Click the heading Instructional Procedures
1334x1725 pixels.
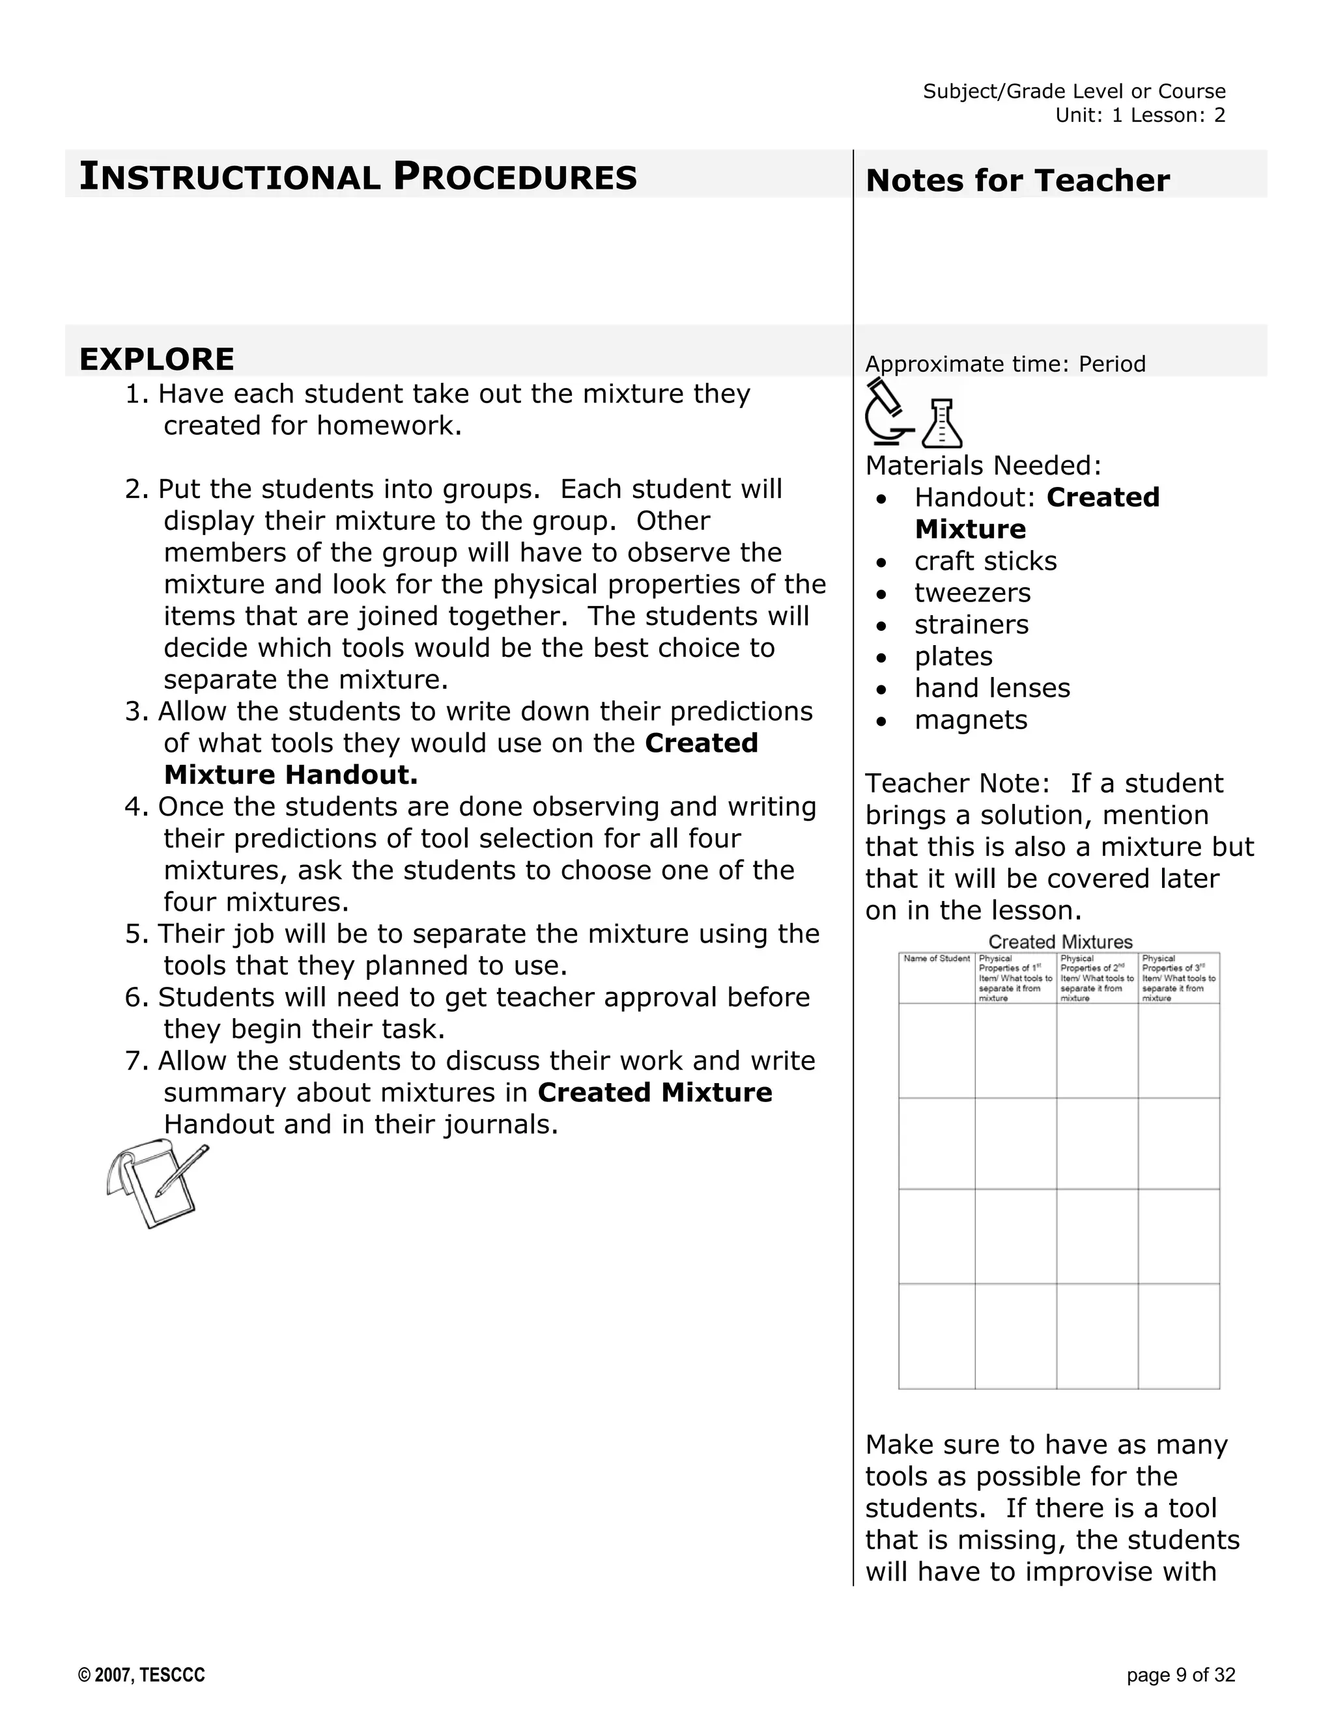click(358, 177)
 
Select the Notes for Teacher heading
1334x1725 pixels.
click(1017, 181)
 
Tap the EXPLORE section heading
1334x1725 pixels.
click(156, 359)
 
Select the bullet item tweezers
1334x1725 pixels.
click(972, 592)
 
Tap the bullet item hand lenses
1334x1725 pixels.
click(992, 688)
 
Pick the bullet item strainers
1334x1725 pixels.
click(971, 624)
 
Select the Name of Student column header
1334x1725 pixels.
click(937, 959)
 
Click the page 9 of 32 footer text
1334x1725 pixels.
click(1181, 1676)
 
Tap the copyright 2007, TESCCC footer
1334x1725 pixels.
click(141, 1676)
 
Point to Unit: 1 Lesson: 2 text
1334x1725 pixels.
click(1140, 115)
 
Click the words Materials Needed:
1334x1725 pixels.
click(983, 466)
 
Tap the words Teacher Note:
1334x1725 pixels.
click(956, 784)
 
